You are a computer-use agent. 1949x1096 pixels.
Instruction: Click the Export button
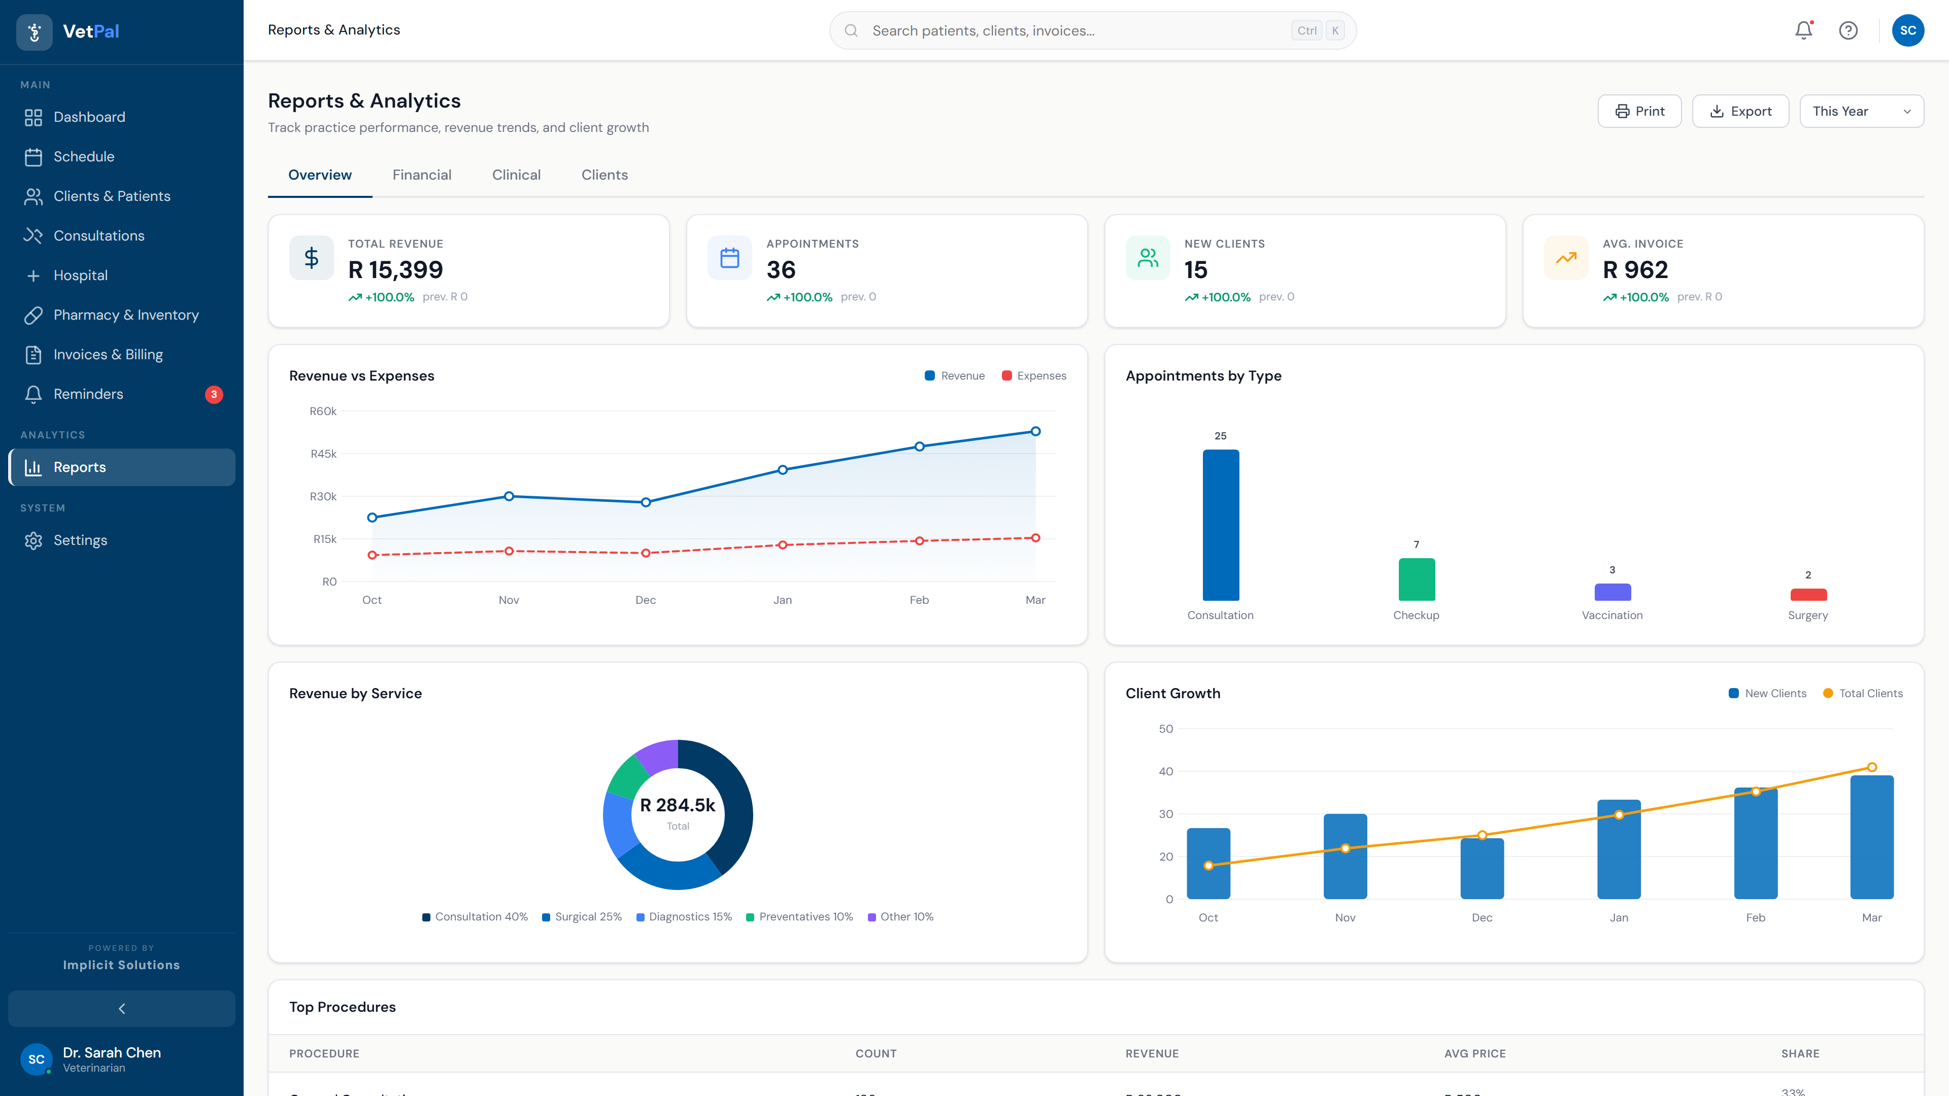pyautogui.click(x=1740, y=111)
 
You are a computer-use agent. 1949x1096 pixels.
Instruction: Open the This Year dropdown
pyautogui.click(x=1861, y=111)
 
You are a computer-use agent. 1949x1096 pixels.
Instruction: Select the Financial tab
pyautogui.click(x=421, y=175)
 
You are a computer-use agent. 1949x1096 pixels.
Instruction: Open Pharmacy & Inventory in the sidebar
pyautogui.click(x=125, y=315)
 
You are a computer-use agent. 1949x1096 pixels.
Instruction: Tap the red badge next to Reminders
pyautogui.click(x=214, y=394)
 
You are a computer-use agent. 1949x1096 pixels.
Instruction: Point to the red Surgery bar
pyautogui.click(x=1807, y=595)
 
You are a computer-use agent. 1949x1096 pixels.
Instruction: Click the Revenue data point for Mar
pyautogui.click(x=1035, y=431)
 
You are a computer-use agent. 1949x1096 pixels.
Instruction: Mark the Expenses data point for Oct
pyautogui.click(x=372, y=555)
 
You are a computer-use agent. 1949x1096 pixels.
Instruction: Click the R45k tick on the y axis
pyautogui.click(x=323, y=454)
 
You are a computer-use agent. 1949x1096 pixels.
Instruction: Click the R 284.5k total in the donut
pyautogui.click(x=677, y=805)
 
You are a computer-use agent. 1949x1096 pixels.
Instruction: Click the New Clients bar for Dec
pyautogui.click(x=1482, y=868)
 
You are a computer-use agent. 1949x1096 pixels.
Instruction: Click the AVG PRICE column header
pyautogui.click(x=1474, y=1054)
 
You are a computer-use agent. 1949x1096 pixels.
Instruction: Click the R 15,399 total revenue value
pyautogui.click(x=395, y=270)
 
